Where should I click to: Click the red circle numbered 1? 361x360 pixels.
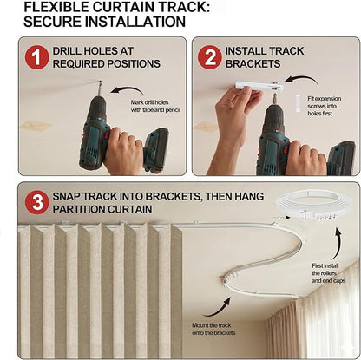tap(36, 57)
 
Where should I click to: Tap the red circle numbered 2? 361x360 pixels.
tap(210, 57)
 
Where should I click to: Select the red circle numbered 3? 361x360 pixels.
tap(36, 202)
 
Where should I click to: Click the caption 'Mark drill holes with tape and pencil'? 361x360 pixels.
tap(155, 106)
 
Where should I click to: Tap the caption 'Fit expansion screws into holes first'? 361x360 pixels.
tap(325, 106)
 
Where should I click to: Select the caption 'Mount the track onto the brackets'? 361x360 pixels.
tap(213, 329)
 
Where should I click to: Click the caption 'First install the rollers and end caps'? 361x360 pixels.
tap(329, 273)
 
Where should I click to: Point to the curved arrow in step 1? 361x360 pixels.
tap(128, 88)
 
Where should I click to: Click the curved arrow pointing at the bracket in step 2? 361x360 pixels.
tap(302, 77)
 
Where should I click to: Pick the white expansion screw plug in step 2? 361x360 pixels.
tap(299, 102)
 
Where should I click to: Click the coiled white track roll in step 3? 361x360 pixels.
tap(315, 206)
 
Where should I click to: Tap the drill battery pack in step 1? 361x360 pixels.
tap(156, 150)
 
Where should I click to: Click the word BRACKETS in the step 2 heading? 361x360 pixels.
tap(253, 64)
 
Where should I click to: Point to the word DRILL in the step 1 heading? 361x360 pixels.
tap(66, 51)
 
